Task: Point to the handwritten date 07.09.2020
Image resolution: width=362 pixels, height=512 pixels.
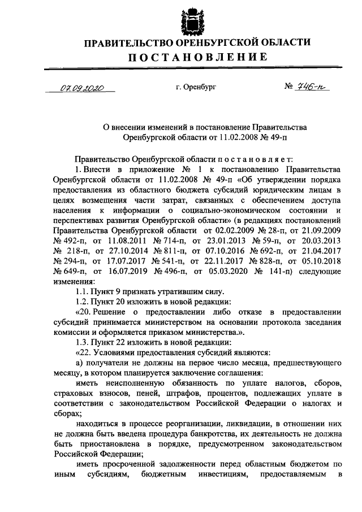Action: coord(80,88)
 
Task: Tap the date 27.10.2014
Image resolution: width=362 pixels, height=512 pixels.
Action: coord(118,251)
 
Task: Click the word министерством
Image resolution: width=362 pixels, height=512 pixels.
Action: coord(178,322)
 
